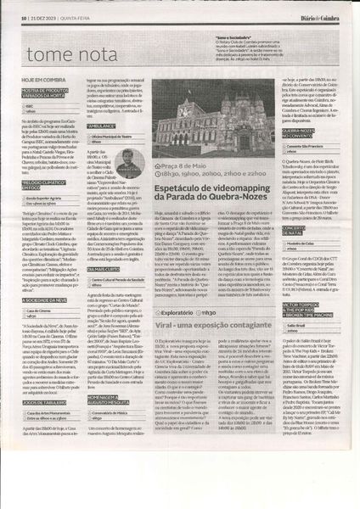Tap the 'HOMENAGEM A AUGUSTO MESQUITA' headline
pos(121,415)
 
